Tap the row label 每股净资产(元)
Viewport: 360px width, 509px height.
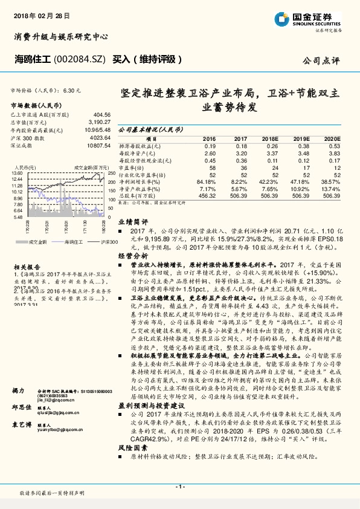140,153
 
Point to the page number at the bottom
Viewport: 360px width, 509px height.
180,487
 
